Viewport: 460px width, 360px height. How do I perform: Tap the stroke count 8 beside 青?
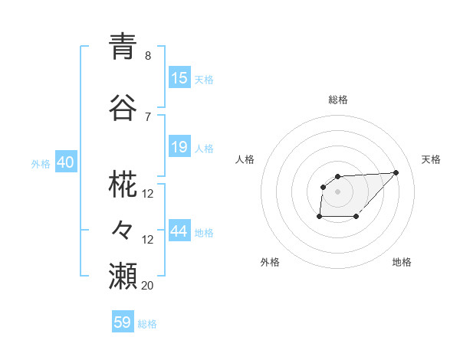[148, 56]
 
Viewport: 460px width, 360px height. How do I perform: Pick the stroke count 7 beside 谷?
[148, 116]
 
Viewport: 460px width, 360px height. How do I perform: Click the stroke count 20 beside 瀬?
[148, 285]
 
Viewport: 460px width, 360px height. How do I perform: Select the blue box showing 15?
[179, 78]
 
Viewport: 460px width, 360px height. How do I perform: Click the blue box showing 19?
[179, 147]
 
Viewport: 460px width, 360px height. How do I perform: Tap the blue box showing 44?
[179, 231]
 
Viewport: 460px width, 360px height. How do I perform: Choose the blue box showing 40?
[64, 163]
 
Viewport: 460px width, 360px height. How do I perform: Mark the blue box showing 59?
[123, 322]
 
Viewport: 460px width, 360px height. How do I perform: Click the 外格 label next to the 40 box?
[41, 164]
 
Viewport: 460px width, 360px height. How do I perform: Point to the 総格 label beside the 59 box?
[148, 324]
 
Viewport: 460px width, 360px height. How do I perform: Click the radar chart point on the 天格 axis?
[396, 172]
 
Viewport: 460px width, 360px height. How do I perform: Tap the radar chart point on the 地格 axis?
[356, 217]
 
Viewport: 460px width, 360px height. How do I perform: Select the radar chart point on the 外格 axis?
[319, 217]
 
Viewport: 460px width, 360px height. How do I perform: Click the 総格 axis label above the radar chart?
[338, 100]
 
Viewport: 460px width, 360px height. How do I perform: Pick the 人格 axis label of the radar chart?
[245, 159]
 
